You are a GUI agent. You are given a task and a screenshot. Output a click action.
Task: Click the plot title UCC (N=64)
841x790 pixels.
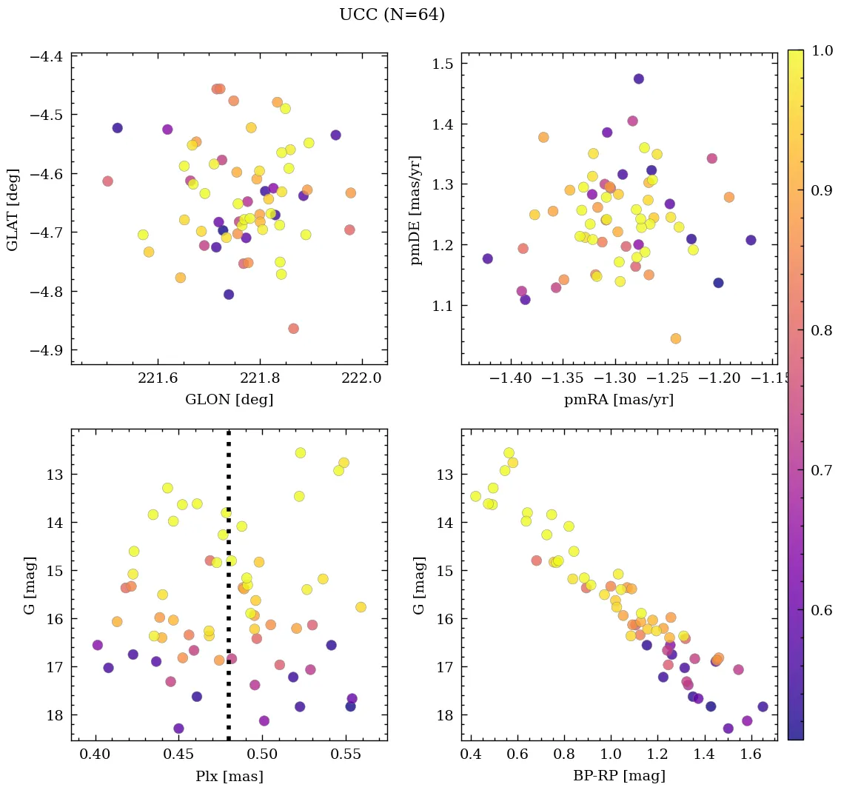(392, 15)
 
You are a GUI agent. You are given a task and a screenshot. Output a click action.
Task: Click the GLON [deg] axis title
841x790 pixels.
(229, 400)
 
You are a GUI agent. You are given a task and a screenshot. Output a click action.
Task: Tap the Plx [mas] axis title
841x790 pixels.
(229, 776)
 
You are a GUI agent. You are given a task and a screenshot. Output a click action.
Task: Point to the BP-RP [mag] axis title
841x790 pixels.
(619, 776)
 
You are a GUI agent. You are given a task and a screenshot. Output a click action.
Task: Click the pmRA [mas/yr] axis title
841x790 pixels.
(619, 400)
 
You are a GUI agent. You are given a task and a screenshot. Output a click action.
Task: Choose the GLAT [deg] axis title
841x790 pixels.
(13, 210)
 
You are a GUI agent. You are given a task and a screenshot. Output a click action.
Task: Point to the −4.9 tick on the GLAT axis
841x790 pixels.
(47, 350)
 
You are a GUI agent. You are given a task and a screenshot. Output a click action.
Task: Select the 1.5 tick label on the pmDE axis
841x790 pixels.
(443, 64)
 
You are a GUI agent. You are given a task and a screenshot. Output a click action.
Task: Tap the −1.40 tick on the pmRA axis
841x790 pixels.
(512, 378)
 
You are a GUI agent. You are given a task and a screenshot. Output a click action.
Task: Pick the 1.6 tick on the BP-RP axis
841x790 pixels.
(751, 754)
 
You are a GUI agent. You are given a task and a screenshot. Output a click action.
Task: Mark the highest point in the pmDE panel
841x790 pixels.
(639, 78)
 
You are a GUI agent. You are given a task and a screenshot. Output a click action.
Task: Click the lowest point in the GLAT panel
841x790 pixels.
(293, 328)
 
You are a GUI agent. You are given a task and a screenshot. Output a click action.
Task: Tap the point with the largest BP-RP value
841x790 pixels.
(763, 706)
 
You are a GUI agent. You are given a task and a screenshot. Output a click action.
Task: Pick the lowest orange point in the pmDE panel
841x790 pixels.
(675, 338)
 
